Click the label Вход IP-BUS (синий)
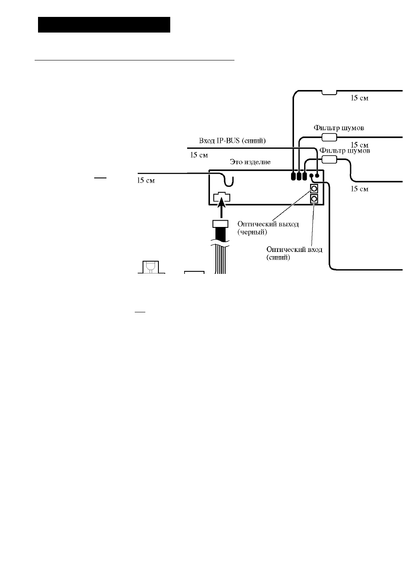click(232, 141)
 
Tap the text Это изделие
click(250, 162)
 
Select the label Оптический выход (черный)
click(268, 228)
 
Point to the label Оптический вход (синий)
click(294, 253)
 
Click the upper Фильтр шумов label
click(338, 128)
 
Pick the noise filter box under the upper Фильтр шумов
click(329, 137)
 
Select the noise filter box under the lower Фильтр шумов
click(329, 160)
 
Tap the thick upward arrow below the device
click(221, 208)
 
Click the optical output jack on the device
click(314, 189)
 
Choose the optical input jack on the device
click(314, 199)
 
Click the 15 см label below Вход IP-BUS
click(199, 155)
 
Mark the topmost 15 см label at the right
click(359, 98)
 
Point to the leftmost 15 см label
click(146, 180)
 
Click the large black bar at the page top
click(104, 25)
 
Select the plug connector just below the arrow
click(221, 224)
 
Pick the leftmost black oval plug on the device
click(293, 176)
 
